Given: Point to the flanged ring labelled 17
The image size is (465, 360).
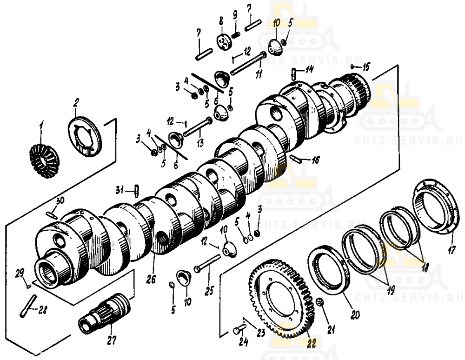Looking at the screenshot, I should tap(433, 204).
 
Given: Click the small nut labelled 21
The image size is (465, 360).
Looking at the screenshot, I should tap(319, 303).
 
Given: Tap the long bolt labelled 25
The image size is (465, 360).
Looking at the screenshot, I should tap(207, 266).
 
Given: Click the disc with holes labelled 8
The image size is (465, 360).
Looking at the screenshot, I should tap(223, 42).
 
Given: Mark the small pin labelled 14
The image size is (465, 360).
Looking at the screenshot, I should tap(293, 73).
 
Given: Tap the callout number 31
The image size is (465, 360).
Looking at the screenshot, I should tap(120, 190).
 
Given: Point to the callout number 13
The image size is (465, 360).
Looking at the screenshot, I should tap(200, 143).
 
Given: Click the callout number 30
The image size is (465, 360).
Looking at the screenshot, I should tap(60, 201).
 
